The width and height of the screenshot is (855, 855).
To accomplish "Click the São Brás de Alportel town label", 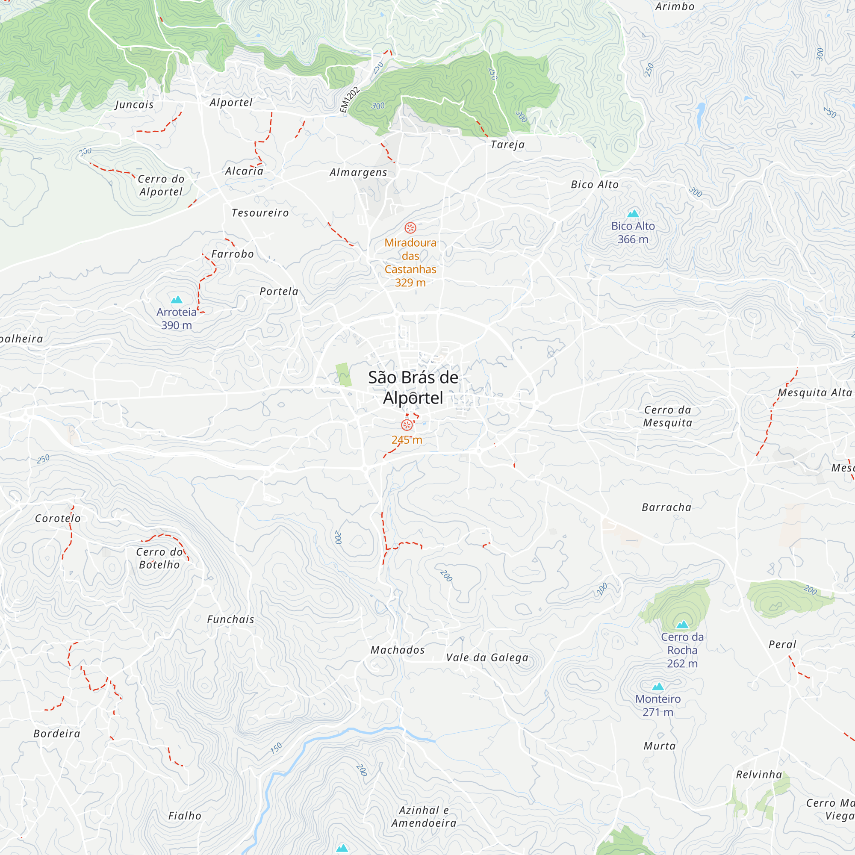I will pos(413,387).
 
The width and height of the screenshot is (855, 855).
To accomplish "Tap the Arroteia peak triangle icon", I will pos(177,300).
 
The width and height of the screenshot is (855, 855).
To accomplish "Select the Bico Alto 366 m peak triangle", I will pos(633,214).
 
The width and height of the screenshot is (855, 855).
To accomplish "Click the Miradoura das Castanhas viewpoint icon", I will pos(410,228).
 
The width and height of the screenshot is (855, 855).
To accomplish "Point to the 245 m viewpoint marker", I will pos(407,425).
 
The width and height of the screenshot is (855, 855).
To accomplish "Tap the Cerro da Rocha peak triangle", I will pos(682,625).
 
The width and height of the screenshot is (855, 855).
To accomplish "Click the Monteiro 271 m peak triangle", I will pos(657,687).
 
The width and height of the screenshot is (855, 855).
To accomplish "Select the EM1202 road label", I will pos(350,100).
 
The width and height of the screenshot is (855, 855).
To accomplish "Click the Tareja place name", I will pos(507,145).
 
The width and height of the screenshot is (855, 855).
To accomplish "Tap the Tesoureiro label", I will pos(260,213).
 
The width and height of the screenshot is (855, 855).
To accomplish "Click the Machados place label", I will pos(398,650).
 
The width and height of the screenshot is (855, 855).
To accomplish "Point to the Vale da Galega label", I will pos(487,657).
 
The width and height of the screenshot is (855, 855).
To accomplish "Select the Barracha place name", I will pos(666,507).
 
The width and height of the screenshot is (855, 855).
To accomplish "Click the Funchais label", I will pos(230,619).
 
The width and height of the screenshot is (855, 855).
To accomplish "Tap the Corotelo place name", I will pos(58,518).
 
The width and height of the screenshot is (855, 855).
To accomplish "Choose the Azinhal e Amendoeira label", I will pos(424,817).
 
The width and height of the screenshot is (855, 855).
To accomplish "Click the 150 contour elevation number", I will pos(276,748).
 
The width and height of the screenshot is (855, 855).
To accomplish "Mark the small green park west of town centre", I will pos(343,374).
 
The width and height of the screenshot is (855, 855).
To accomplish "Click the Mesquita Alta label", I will pos(814,392).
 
